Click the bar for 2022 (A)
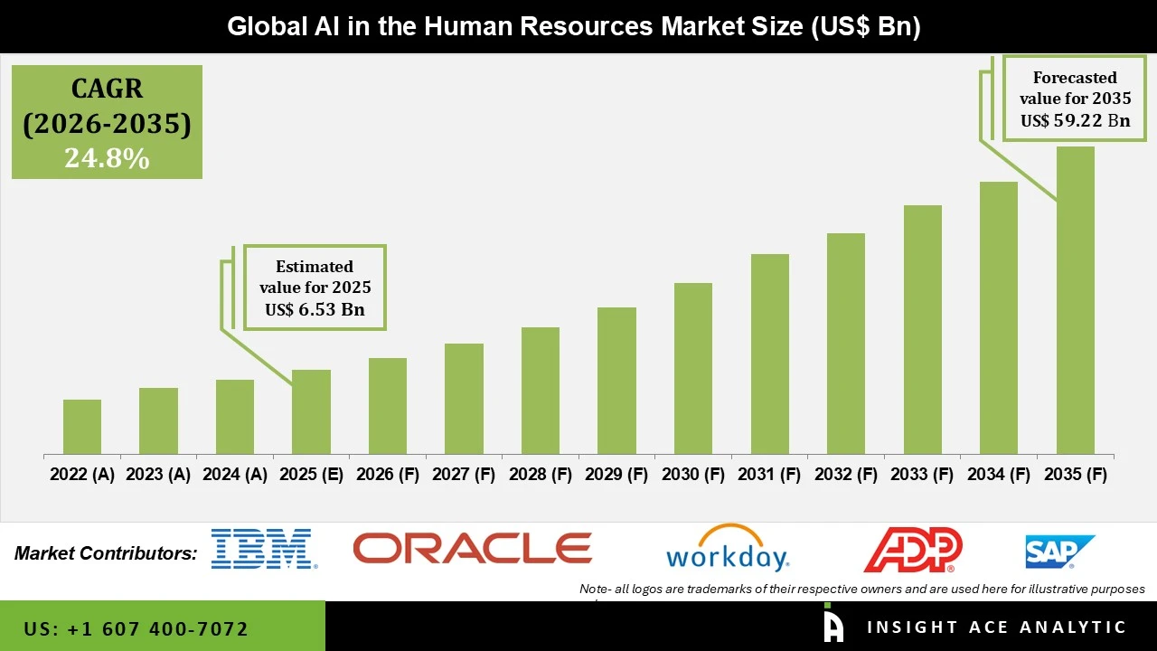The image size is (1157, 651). click(82, 427)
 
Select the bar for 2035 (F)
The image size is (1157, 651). click(1075, 300)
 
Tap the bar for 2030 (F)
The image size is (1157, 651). click(693, 368)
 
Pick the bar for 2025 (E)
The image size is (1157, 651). click(311, 411)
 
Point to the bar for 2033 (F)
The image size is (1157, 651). click(922, 329)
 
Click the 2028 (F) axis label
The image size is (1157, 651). click(541, 475)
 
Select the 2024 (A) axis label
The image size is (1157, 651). click(235, 475)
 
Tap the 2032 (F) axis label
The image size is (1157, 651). click(846, 475)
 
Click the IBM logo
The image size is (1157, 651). click(263, 549)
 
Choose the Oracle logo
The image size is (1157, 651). click(472, 548)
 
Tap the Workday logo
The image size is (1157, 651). click(728, 549)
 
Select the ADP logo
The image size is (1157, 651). click(913, 550)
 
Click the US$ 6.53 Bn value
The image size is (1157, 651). click(315, 310)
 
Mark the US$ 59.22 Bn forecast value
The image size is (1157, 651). click(1075, 120)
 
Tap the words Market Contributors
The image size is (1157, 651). click(106, 553)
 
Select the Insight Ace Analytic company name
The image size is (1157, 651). click(996, 627)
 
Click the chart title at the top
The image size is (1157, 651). click(573, 26)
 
